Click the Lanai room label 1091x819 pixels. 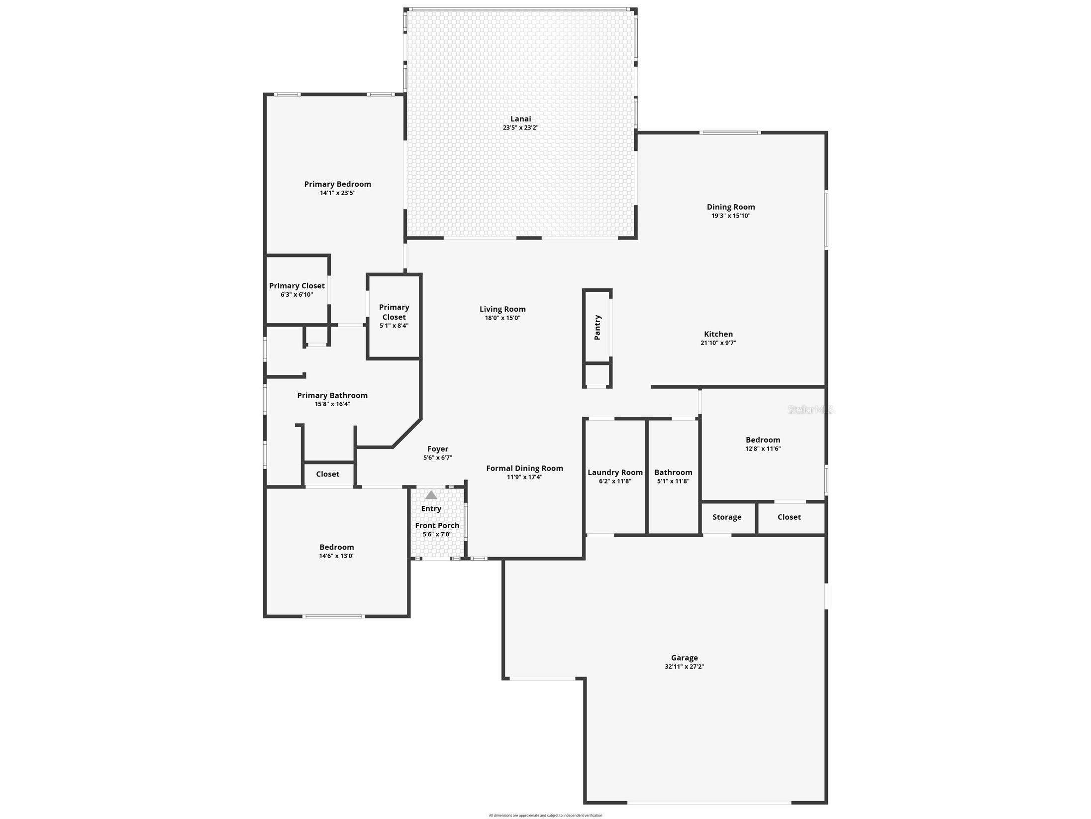point(520,118)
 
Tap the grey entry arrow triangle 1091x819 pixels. point(431,495)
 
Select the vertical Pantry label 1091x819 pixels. point(597,327)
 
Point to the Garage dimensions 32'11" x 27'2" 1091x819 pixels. point(684,667)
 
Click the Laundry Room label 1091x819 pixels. point(615,472)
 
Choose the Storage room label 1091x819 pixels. point(726,517)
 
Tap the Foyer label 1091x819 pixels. point(437,449)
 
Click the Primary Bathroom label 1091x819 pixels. point(332,395)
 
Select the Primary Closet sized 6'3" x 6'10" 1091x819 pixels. point(297,286)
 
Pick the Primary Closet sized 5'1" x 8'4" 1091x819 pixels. point(394,312)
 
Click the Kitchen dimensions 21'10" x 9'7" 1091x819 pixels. point(718,343)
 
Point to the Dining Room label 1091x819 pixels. point(730,207)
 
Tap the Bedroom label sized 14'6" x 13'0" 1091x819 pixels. point(336,547)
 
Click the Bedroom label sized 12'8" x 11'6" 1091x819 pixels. point(763,440)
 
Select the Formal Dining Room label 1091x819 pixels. point(524,468)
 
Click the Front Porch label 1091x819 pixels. point(437,525)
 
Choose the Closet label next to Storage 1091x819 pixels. point(789,517)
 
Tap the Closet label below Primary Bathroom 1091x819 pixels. point(327,474)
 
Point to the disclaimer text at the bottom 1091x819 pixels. point(545,815)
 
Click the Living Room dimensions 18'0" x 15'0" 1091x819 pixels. point(502,318)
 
